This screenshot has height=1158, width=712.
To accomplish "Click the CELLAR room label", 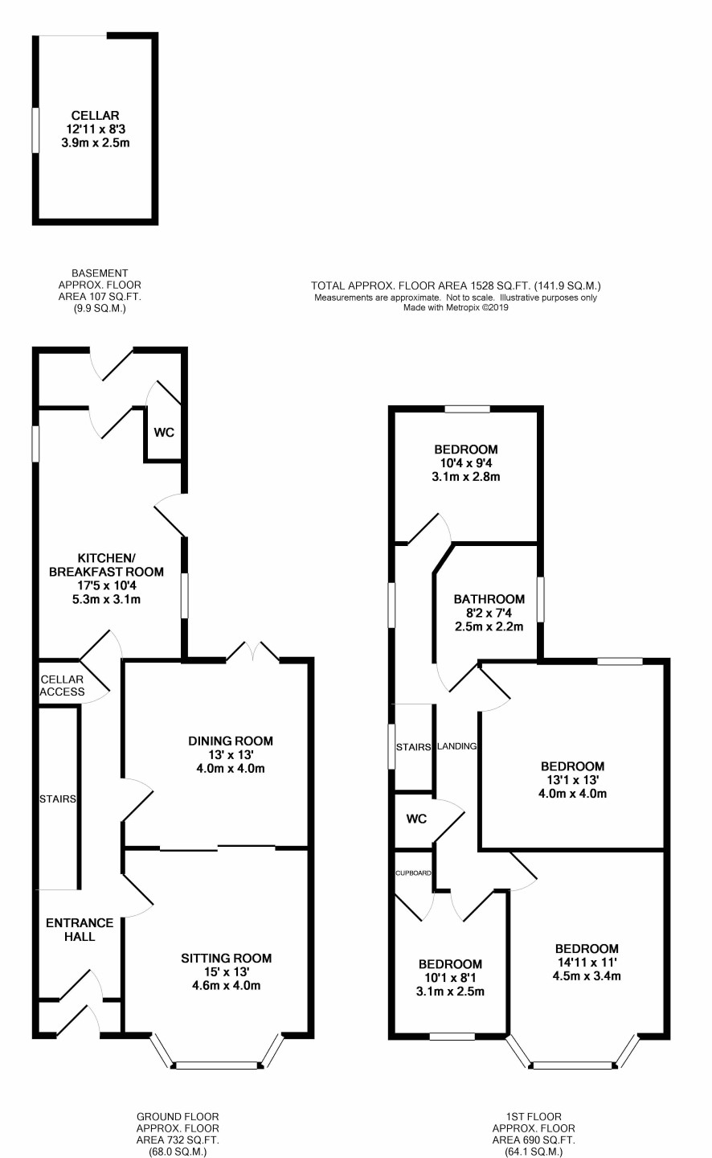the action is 95,115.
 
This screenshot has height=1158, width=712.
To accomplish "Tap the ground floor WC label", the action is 164,432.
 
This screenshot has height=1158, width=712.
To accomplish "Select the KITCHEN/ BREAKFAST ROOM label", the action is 106,565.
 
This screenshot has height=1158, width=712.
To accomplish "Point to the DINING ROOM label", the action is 231,741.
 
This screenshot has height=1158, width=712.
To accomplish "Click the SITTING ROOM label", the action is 227,958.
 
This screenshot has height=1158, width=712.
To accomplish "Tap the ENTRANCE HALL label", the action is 80,930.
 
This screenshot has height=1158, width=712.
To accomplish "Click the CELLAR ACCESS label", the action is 62,685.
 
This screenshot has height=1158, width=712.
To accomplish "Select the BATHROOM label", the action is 489,599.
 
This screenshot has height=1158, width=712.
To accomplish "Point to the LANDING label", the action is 457,746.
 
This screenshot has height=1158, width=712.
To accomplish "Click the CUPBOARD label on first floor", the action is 413,873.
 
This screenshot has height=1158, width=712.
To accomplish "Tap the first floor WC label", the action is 416,819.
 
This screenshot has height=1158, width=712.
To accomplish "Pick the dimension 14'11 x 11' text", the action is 587,962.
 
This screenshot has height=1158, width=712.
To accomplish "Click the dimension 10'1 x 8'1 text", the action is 450,978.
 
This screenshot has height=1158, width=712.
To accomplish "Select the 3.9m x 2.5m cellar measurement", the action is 96,142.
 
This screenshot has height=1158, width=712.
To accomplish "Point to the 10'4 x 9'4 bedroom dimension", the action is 466,462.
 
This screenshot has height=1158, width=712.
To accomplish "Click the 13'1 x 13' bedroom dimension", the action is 572,779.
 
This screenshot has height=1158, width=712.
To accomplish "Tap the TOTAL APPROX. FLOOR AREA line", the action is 456,285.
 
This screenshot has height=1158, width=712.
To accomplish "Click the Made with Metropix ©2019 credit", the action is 456,307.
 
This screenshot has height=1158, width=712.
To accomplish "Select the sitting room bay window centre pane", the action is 217,1066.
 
